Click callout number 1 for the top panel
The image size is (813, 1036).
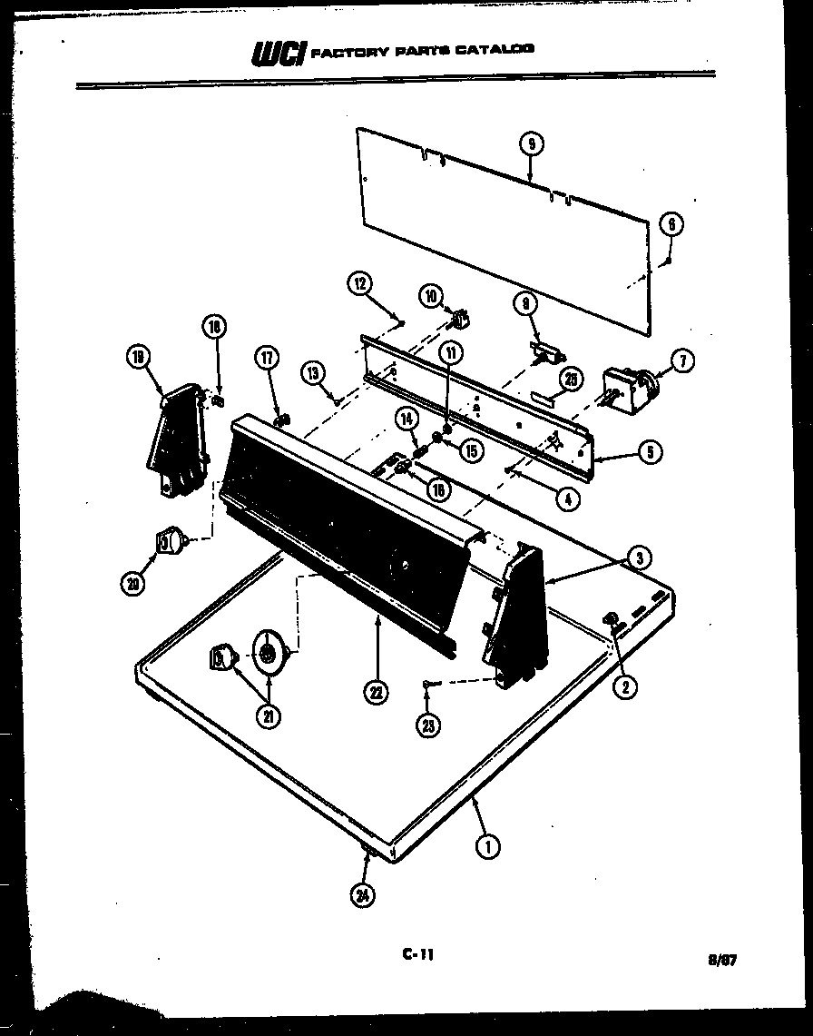[x=487, y=847]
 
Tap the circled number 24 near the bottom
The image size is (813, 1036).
[x=363, y=896]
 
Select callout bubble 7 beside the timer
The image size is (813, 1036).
[x=681, y=361]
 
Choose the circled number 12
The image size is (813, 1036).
[x=359, y=284]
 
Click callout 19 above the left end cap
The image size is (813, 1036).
[x=139, y=359]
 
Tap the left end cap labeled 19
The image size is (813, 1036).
[x=178, y=438]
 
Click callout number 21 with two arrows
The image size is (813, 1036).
[x=269, y=717]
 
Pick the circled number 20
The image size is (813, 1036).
[x=133, y=585]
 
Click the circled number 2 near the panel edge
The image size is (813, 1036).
[x=623, y=686]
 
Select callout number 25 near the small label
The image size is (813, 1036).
[x=570, y=380]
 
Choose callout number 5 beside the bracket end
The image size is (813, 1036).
[x=649, y=451]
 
